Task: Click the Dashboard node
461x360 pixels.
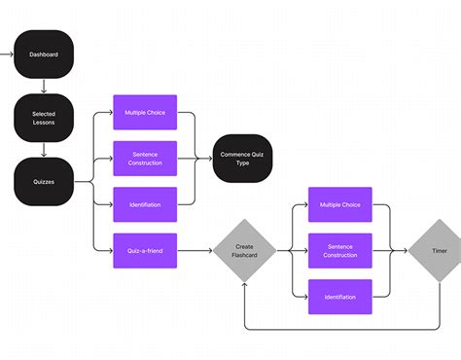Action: (44, 54)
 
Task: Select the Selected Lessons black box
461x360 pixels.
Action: (44, 117)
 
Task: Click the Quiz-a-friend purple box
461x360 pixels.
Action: (144, 250)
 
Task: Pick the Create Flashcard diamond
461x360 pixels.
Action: (245, 250)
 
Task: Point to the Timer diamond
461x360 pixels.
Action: (439, 250)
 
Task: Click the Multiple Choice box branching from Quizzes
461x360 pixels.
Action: (144, 112)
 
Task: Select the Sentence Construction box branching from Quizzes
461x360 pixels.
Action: (144, 158)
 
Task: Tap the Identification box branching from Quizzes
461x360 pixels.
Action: (144, 204)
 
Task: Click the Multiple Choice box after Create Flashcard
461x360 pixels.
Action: (339, 204)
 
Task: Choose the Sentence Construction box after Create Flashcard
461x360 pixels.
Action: (339, 250)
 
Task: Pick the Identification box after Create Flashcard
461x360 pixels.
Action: (339, 297)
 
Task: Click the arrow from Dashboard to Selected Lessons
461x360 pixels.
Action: (44, 85)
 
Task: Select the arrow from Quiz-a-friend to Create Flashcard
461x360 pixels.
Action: (195, 250)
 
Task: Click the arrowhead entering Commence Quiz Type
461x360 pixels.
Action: (209, 158)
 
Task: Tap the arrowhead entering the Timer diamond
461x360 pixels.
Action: (404, 250)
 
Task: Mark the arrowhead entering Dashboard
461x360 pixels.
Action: (12, 54)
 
